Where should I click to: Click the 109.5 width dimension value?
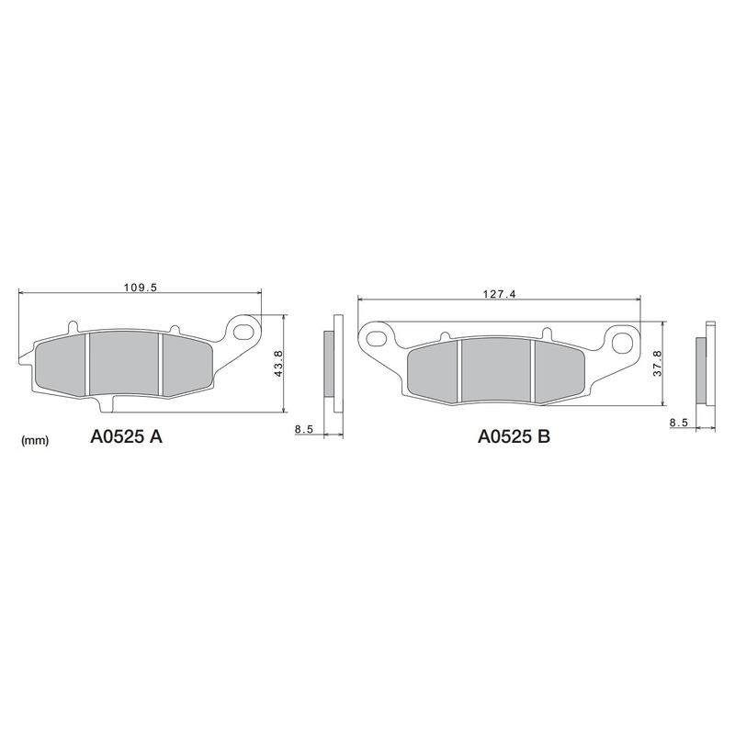click(141, 288)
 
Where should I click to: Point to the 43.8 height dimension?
click(277, 364)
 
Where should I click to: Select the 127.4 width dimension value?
click(500, 295)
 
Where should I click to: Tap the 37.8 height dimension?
click(657, 364)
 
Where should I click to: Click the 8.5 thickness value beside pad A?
click(305, 429)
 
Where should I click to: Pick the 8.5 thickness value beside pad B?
click(679, 422)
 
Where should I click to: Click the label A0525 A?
click(126, 437)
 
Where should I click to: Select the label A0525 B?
click(514, 437)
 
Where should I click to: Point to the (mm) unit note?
click(34, 441)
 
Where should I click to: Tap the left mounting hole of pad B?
click(376, 333)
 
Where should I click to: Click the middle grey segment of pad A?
click(125, 364)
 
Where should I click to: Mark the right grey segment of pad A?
click(187, 364)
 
